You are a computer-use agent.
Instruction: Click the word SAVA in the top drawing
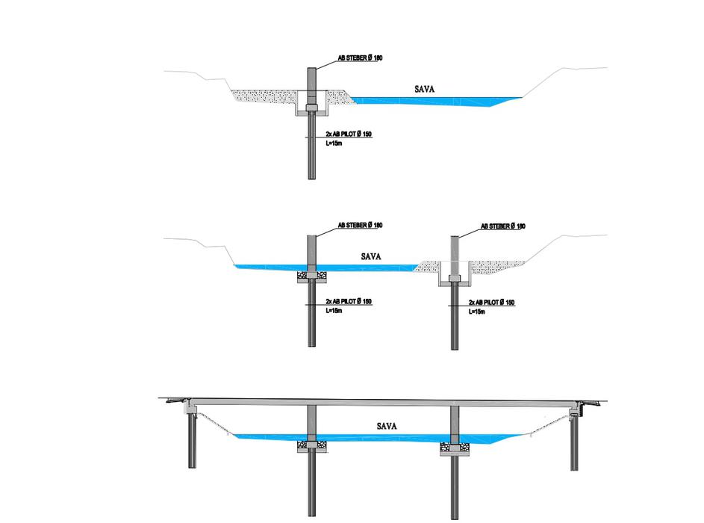click(x=424, y=89)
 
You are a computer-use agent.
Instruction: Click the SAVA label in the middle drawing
click(x=371, y=256)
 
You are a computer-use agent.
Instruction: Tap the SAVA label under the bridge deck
click(x=387, y=427)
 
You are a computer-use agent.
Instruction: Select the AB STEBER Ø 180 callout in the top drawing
click(x=359, y=58)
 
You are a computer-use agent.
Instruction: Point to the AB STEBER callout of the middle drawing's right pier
click(x=502, y=226)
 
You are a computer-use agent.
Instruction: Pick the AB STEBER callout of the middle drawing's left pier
click(x=360, y=225)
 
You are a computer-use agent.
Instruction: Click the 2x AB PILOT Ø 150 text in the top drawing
click(x=349, y=134)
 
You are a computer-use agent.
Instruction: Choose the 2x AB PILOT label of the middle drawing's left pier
click(x=349, y=302)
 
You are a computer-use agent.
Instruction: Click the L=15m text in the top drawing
click(x=334, y=143)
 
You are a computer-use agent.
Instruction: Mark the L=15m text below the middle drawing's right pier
click(x=477, y=312)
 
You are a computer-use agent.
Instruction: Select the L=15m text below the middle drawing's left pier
click(x=334, y=311)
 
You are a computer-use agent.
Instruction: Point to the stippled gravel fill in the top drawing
click(x=261, y=97)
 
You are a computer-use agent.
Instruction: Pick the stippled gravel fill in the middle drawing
click(x=493, y=265)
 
